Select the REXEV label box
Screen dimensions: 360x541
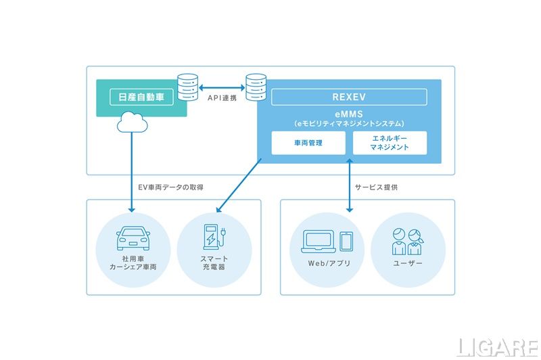coord(349,97)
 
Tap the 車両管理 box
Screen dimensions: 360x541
coord(308,143)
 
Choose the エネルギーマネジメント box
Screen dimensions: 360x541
coord(390,143)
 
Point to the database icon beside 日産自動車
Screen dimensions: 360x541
coord(187,86)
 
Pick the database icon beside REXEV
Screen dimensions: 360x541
coord(256,86)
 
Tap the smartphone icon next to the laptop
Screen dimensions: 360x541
coord(347,241)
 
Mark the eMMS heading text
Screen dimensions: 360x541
coord(349,115)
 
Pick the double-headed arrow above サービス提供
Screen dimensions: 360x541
coord(349,177)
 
